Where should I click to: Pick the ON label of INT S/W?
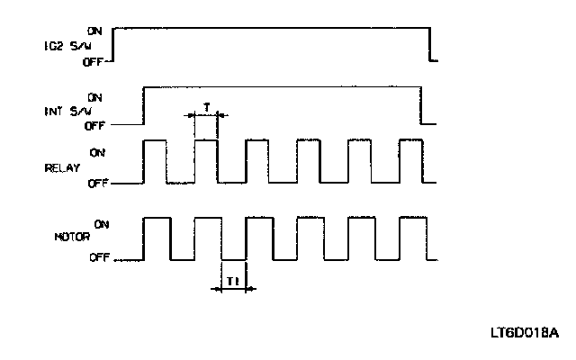coord(95,96)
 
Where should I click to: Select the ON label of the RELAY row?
coord(98,152)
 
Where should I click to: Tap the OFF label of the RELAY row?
coord(97,183)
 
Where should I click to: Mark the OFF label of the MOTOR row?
coord(100,257)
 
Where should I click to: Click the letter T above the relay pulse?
coord(206,106)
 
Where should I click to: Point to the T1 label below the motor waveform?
coord(232,280)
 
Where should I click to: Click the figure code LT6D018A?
coord(526,333)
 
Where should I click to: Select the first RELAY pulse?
coord(155,162)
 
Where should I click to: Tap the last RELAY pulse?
coord(409,162)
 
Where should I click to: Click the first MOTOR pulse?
coord(157,238)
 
